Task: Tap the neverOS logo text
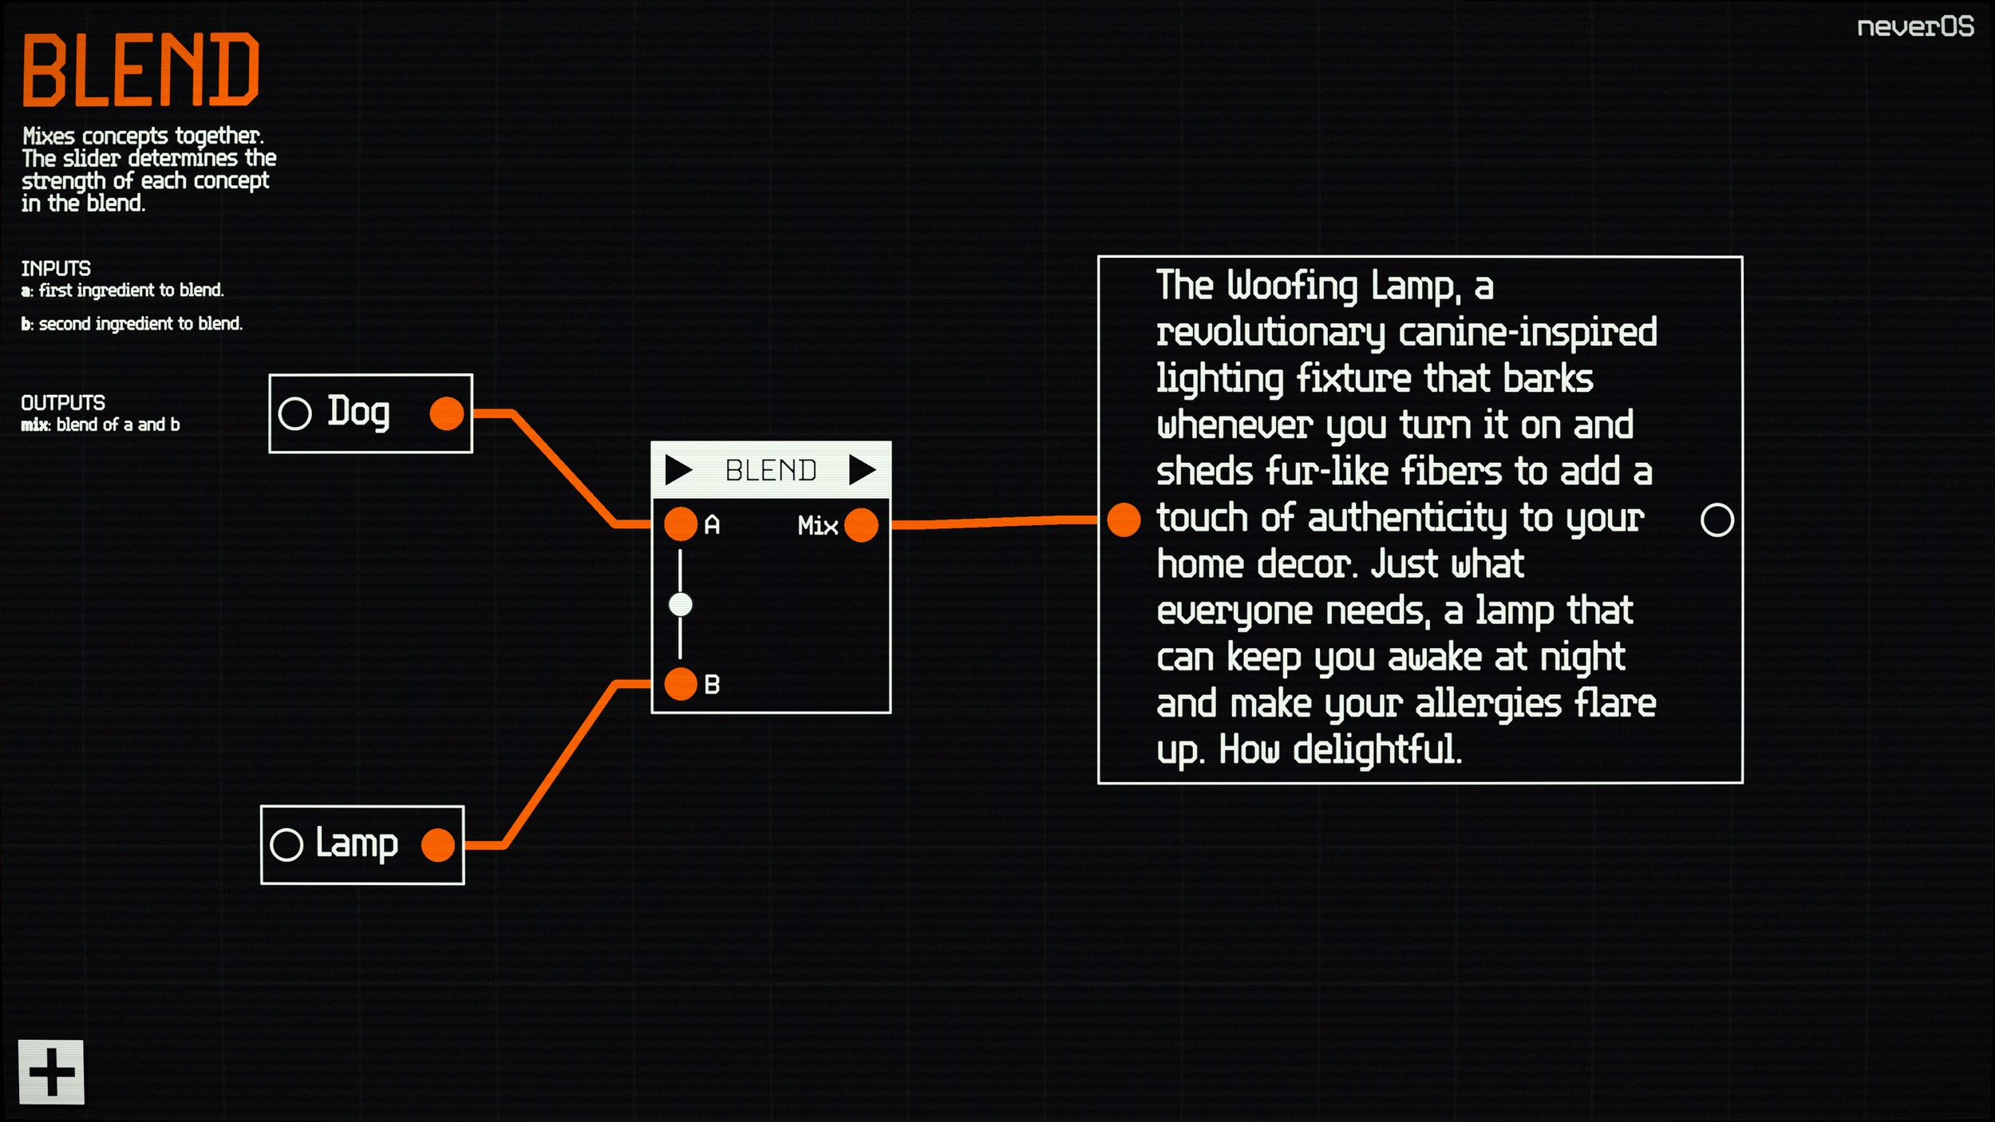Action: pyautogui.click(x=1914, y=27)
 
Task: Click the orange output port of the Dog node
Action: pyautogui.click(x=446, y=413)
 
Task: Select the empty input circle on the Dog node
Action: pyautogui.click(x=294, y=413)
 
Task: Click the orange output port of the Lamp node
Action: pyautogui.click(x=437, y=845)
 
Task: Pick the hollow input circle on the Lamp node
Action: pyautogui.click(x=286, y=845)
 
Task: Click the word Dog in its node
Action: pyautogui.click(x=358, y=412)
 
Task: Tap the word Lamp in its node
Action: pyautogui.click(x=356, y=843)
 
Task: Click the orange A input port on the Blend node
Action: pyautogui.click(x=681, y=524)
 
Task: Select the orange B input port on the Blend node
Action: pyautogui.click(x=681, y=684)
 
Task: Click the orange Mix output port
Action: pyautogui.click(x=861, y=525)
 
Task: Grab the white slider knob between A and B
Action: pyautogui.click(x=681, y=605)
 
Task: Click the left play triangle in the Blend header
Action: pyautogui.click(x=678, y=470)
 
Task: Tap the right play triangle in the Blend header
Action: pyautogui.click(x=862, y=470)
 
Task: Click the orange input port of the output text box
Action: pyautogui.click(x=1124, y=520)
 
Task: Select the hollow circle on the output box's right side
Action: pyautogui.click(x=1716, y=520)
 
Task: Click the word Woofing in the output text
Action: pyautogui.click(x=1292, y=286)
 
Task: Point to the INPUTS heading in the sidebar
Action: pyautogui.click(x=56, y=269)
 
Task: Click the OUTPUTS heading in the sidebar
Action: pyautogui.click(x=63, y=403)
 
